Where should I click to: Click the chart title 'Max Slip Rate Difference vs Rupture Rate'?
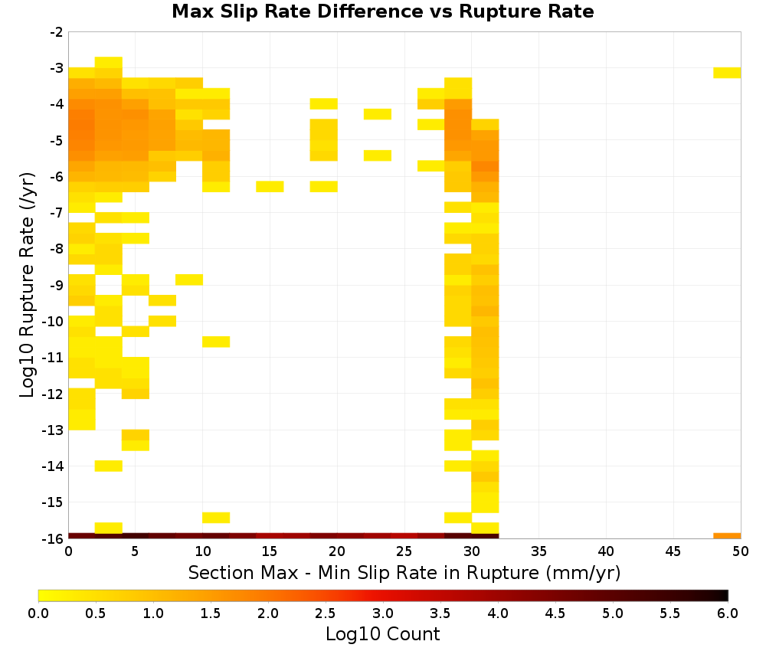382,11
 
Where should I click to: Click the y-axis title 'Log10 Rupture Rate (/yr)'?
27,285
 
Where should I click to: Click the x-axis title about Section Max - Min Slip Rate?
404,572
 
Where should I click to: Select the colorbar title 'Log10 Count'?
382,634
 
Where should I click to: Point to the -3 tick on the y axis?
57,68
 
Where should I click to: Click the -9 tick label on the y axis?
57,285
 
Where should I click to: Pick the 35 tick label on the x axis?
538,551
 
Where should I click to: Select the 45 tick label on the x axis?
673,551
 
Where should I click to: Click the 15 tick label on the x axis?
270,551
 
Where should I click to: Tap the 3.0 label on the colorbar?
382,613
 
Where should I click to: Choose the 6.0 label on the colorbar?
728,613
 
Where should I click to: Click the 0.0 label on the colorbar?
38,613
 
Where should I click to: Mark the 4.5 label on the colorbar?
555,613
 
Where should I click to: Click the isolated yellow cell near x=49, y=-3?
727,73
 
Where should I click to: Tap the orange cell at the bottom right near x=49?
727,536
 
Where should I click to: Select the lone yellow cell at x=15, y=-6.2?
270,187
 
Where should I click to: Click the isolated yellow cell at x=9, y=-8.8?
189,280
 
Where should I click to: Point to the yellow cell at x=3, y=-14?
109,466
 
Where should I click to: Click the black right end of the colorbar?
725,595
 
